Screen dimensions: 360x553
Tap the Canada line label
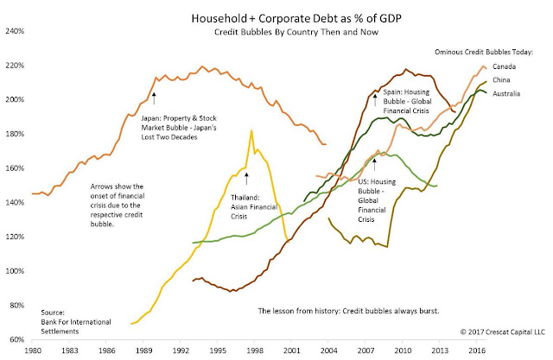tap(505, 66)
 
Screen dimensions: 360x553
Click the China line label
tap(503, 80)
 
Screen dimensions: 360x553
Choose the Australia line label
tap(508, 94)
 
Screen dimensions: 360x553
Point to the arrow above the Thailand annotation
tap(246, 178)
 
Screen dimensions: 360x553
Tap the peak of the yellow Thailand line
tap(251, 130)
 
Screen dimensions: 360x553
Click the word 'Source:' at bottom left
tap(54, 309)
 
